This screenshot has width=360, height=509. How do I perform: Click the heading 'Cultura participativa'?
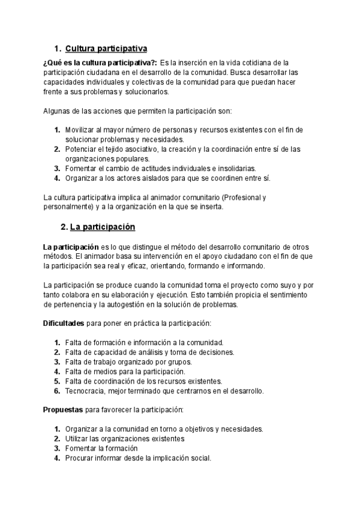[x=106, y=48]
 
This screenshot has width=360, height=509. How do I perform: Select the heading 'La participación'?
[x=103, y=227]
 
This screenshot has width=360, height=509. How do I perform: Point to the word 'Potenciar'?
[x=82, y=149]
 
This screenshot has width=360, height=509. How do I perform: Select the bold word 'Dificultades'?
[x=64, y=323]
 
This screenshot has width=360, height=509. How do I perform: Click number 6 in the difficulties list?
[x=56, y=391]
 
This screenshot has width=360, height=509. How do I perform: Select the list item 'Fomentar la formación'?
[x=101, y=448]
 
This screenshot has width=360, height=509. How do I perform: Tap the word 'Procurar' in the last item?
[x=80, y=458]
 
